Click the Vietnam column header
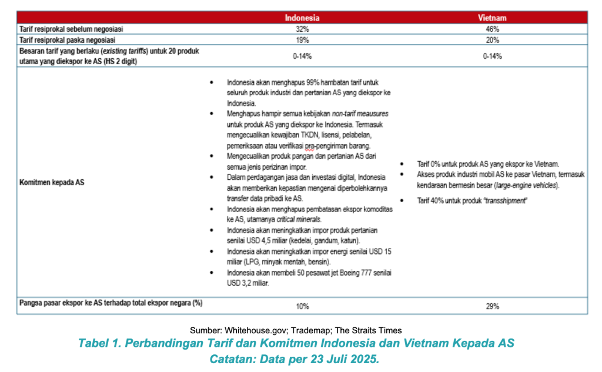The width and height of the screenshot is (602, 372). coord(492,18)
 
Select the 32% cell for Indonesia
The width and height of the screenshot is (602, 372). coord(302,29)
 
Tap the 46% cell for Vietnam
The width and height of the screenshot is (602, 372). coord(492,29)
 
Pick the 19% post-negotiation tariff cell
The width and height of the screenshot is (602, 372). coord(302,40)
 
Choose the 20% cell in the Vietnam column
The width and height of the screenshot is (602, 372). coord(492,40)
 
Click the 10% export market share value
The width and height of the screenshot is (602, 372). coord(302,306)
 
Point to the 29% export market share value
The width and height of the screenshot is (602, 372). coord(492,306)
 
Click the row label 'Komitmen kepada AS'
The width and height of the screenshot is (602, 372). coord(52,182)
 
